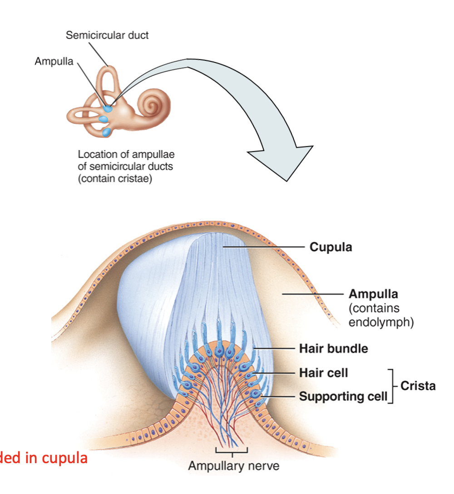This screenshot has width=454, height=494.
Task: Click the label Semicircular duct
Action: [107, 35]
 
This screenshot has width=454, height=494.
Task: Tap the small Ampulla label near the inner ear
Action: [54, 61]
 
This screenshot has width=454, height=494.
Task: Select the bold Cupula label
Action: [331, 247]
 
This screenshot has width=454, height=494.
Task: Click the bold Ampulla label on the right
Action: [373, 294]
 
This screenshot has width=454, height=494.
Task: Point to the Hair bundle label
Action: [334, 348]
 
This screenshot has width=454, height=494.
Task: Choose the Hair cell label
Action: [324, 373]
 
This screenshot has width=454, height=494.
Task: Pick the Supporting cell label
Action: [343, 396]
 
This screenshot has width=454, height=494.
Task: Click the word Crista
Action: [418, 385]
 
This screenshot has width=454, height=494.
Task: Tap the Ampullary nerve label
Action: [234, 466]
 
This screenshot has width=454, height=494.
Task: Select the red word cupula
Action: [64, 458]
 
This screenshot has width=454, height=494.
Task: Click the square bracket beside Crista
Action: [391, 386]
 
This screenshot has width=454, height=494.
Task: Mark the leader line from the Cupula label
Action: [264, 247]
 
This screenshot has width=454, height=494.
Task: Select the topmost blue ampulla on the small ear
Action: [108, 109]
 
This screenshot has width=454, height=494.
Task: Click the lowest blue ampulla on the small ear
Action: [106, 132]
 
